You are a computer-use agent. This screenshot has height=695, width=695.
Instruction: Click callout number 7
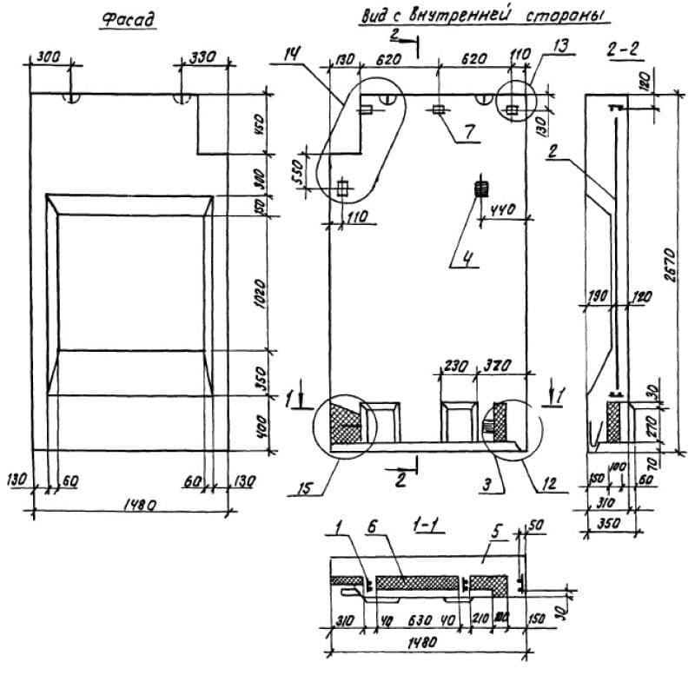coord(468,132)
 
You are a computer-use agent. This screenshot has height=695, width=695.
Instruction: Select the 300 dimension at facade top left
coord(50,56)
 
